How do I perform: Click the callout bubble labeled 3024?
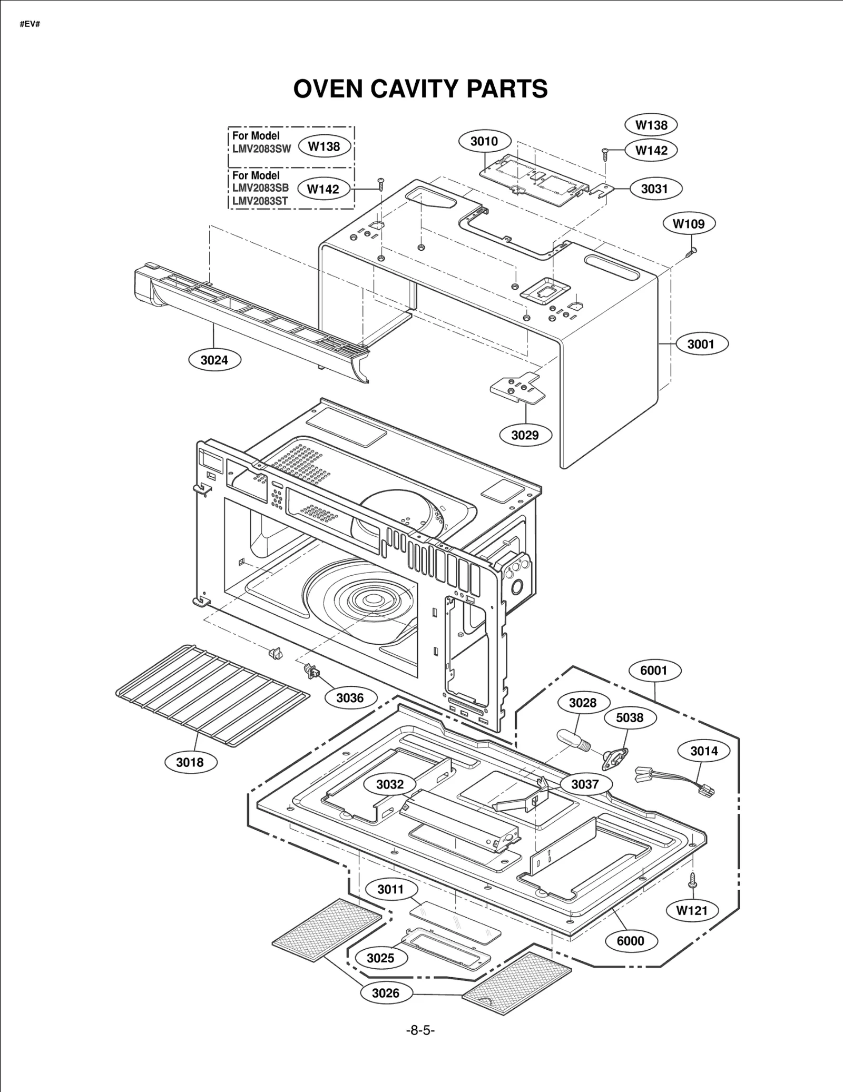coord(214,360)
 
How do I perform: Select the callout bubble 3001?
coord(701,344)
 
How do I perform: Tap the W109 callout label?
coord(688,224)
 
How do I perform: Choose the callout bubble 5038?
coord(630,717)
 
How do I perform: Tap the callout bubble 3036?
coord(350,698)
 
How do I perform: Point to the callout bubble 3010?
coord(484,141)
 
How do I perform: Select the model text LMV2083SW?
coord(261,149)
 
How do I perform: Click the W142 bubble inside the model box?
coord(323,189)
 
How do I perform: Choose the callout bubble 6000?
coord(630,941)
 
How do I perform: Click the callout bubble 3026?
coord(386,993)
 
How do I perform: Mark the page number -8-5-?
coord(420,1030)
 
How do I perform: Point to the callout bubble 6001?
coord(654,671)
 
